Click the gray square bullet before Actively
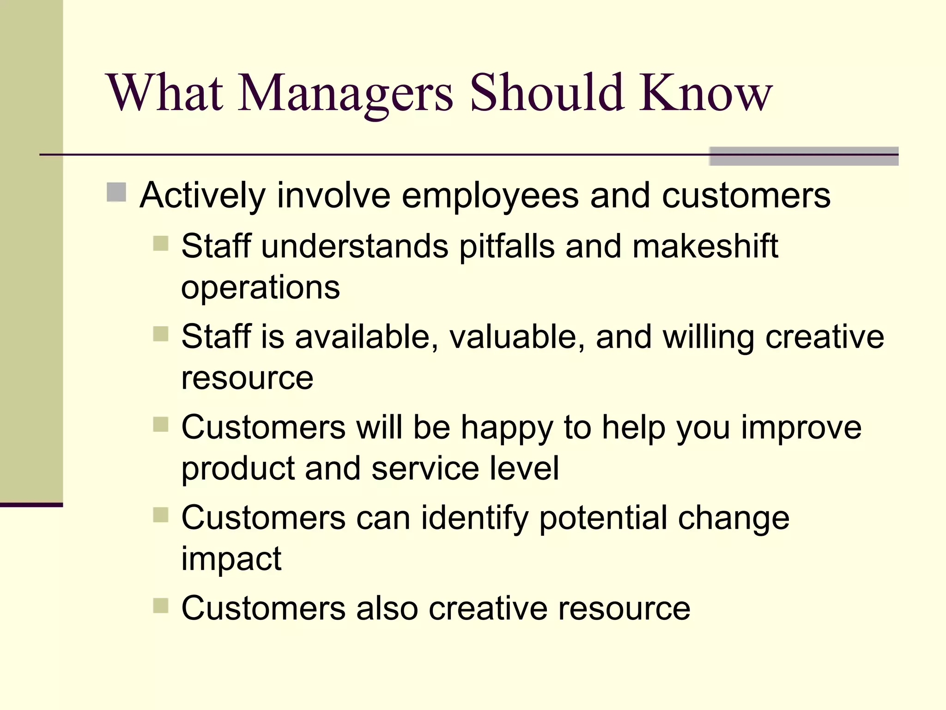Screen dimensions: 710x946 [x=116, y=192]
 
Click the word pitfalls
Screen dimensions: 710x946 [x=507, y=246]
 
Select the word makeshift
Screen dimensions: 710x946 [x=705, y=246]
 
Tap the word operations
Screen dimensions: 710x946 [x=260, y=288]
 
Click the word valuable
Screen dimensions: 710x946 [x=513, y=337]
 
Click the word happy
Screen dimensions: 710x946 [x=507, y=428]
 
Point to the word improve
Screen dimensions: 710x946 [x=801, y=428]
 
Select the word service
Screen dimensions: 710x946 [x=425, y=469]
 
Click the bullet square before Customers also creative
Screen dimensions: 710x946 [x=160, y=605]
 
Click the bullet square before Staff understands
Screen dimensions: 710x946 [x=160, y=243]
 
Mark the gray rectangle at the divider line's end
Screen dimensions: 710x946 [x=804, y=156]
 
